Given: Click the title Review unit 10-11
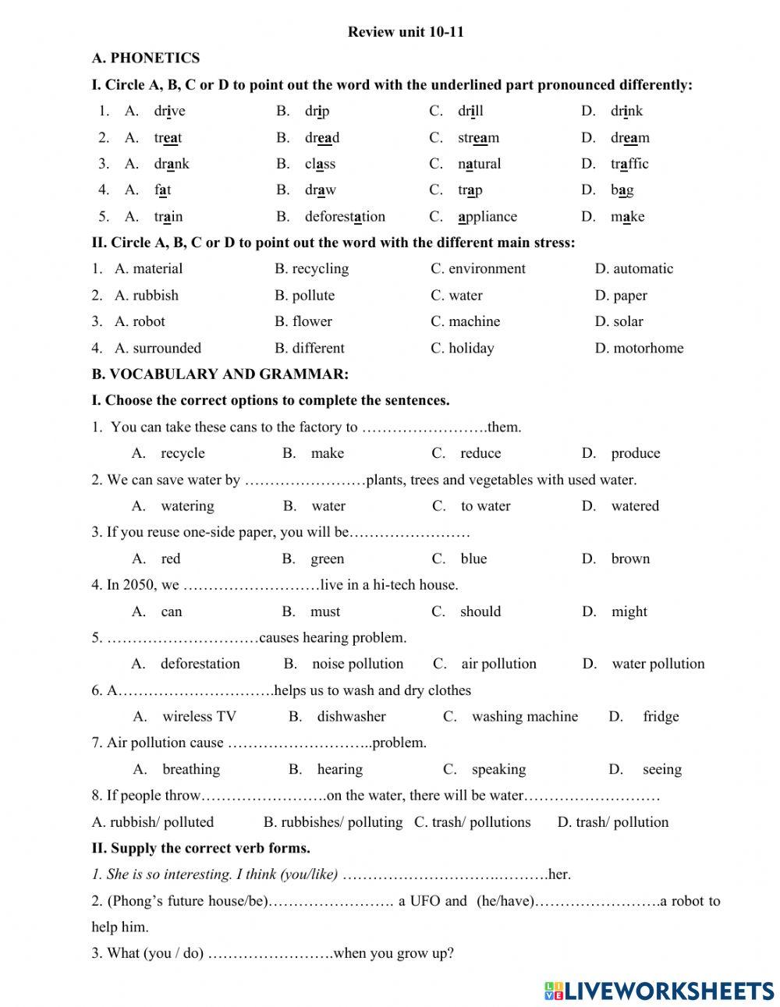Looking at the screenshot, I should click(406, 32).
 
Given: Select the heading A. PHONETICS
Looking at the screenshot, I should click(145, 58).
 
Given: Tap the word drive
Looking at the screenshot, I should click(169, 111).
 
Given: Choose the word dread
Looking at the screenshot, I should click(322, 137).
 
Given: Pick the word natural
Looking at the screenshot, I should click(479, 164).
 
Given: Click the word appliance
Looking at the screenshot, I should click(487, 216).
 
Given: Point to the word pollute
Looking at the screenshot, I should click(313, 295).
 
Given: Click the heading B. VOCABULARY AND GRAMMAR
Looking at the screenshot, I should click(220, 374).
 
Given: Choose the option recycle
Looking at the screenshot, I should click(183, 453).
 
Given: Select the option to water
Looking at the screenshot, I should click(485, 505).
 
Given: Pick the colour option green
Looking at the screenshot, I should click(327, 558).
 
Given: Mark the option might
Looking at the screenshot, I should click(629, 612).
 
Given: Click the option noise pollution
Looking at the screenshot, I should click(357, 664).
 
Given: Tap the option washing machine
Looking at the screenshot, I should click(524, 716).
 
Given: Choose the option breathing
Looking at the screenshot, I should click(191, 769).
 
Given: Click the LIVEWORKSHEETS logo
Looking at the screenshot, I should click(659, 991).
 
